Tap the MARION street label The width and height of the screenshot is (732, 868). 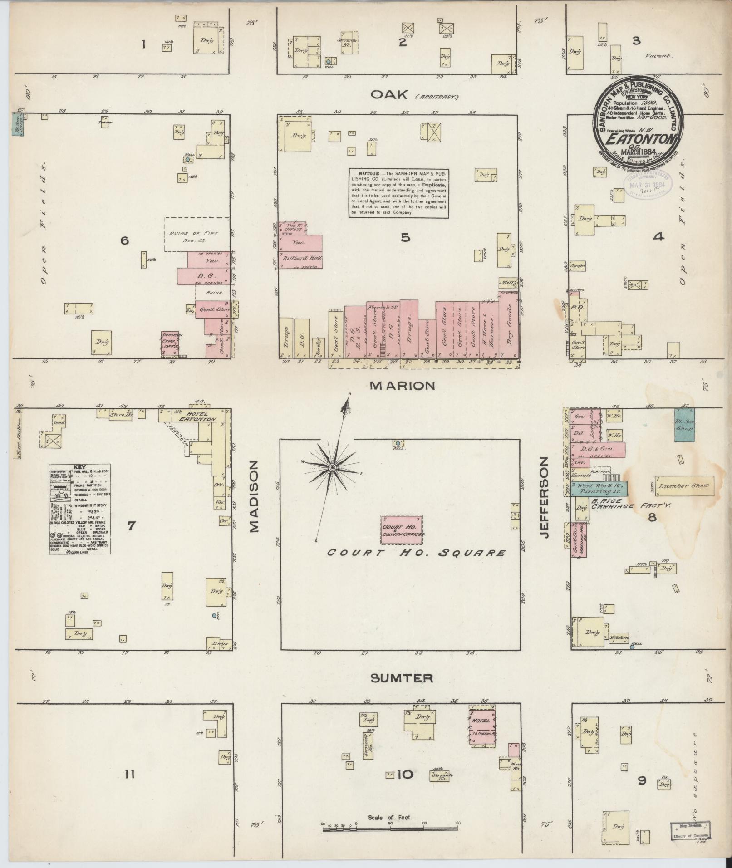[403, 386]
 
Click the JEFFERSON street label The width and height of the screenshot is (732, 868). [545, 497]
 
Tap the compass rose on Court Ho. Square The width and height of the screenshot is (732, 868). [333, 467]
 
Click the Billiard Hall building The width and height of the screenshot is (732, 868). [300, 258]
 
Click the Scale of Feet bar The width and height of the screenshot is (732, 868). [390, 829]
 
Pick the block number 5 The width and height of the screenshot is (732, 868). [405, 238]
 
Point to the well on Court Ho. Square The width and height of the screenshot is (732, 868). [398, 443]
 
